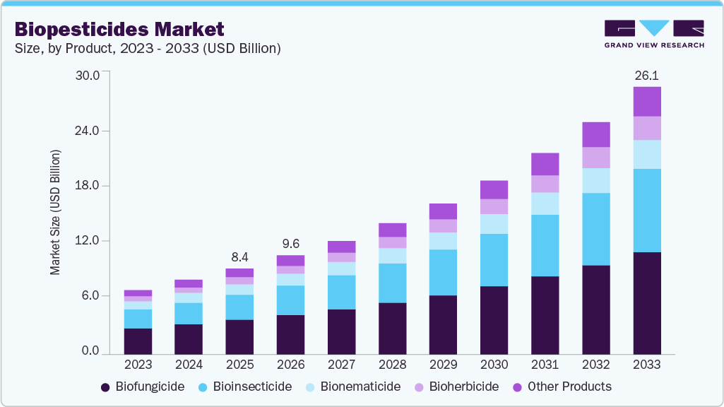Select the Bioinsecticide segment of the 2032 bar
coord(595,229)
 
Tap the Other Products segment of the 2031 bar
coord(545,164)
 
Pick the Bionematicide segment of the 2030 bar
coord(494,224)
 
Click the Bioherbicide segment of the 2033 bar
coord(646,128)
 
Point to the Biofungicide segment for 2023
coord(138,341)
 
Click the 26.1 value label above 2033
coord(646,76)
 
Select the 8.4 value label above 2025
coord(239,256)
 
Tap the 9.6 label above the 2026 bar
coord(290,244)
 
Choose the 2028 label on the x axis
coord(392,365)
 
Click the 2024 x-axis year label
coord(189,365)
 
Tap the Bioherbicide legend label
coord(464,387)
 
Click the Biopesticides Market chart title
coord(119,30)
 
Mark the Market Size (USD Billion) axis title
coord(55,212)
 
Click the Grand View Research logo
coord(654,33)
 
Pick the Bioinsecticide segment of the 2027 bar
coord(341,292)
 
